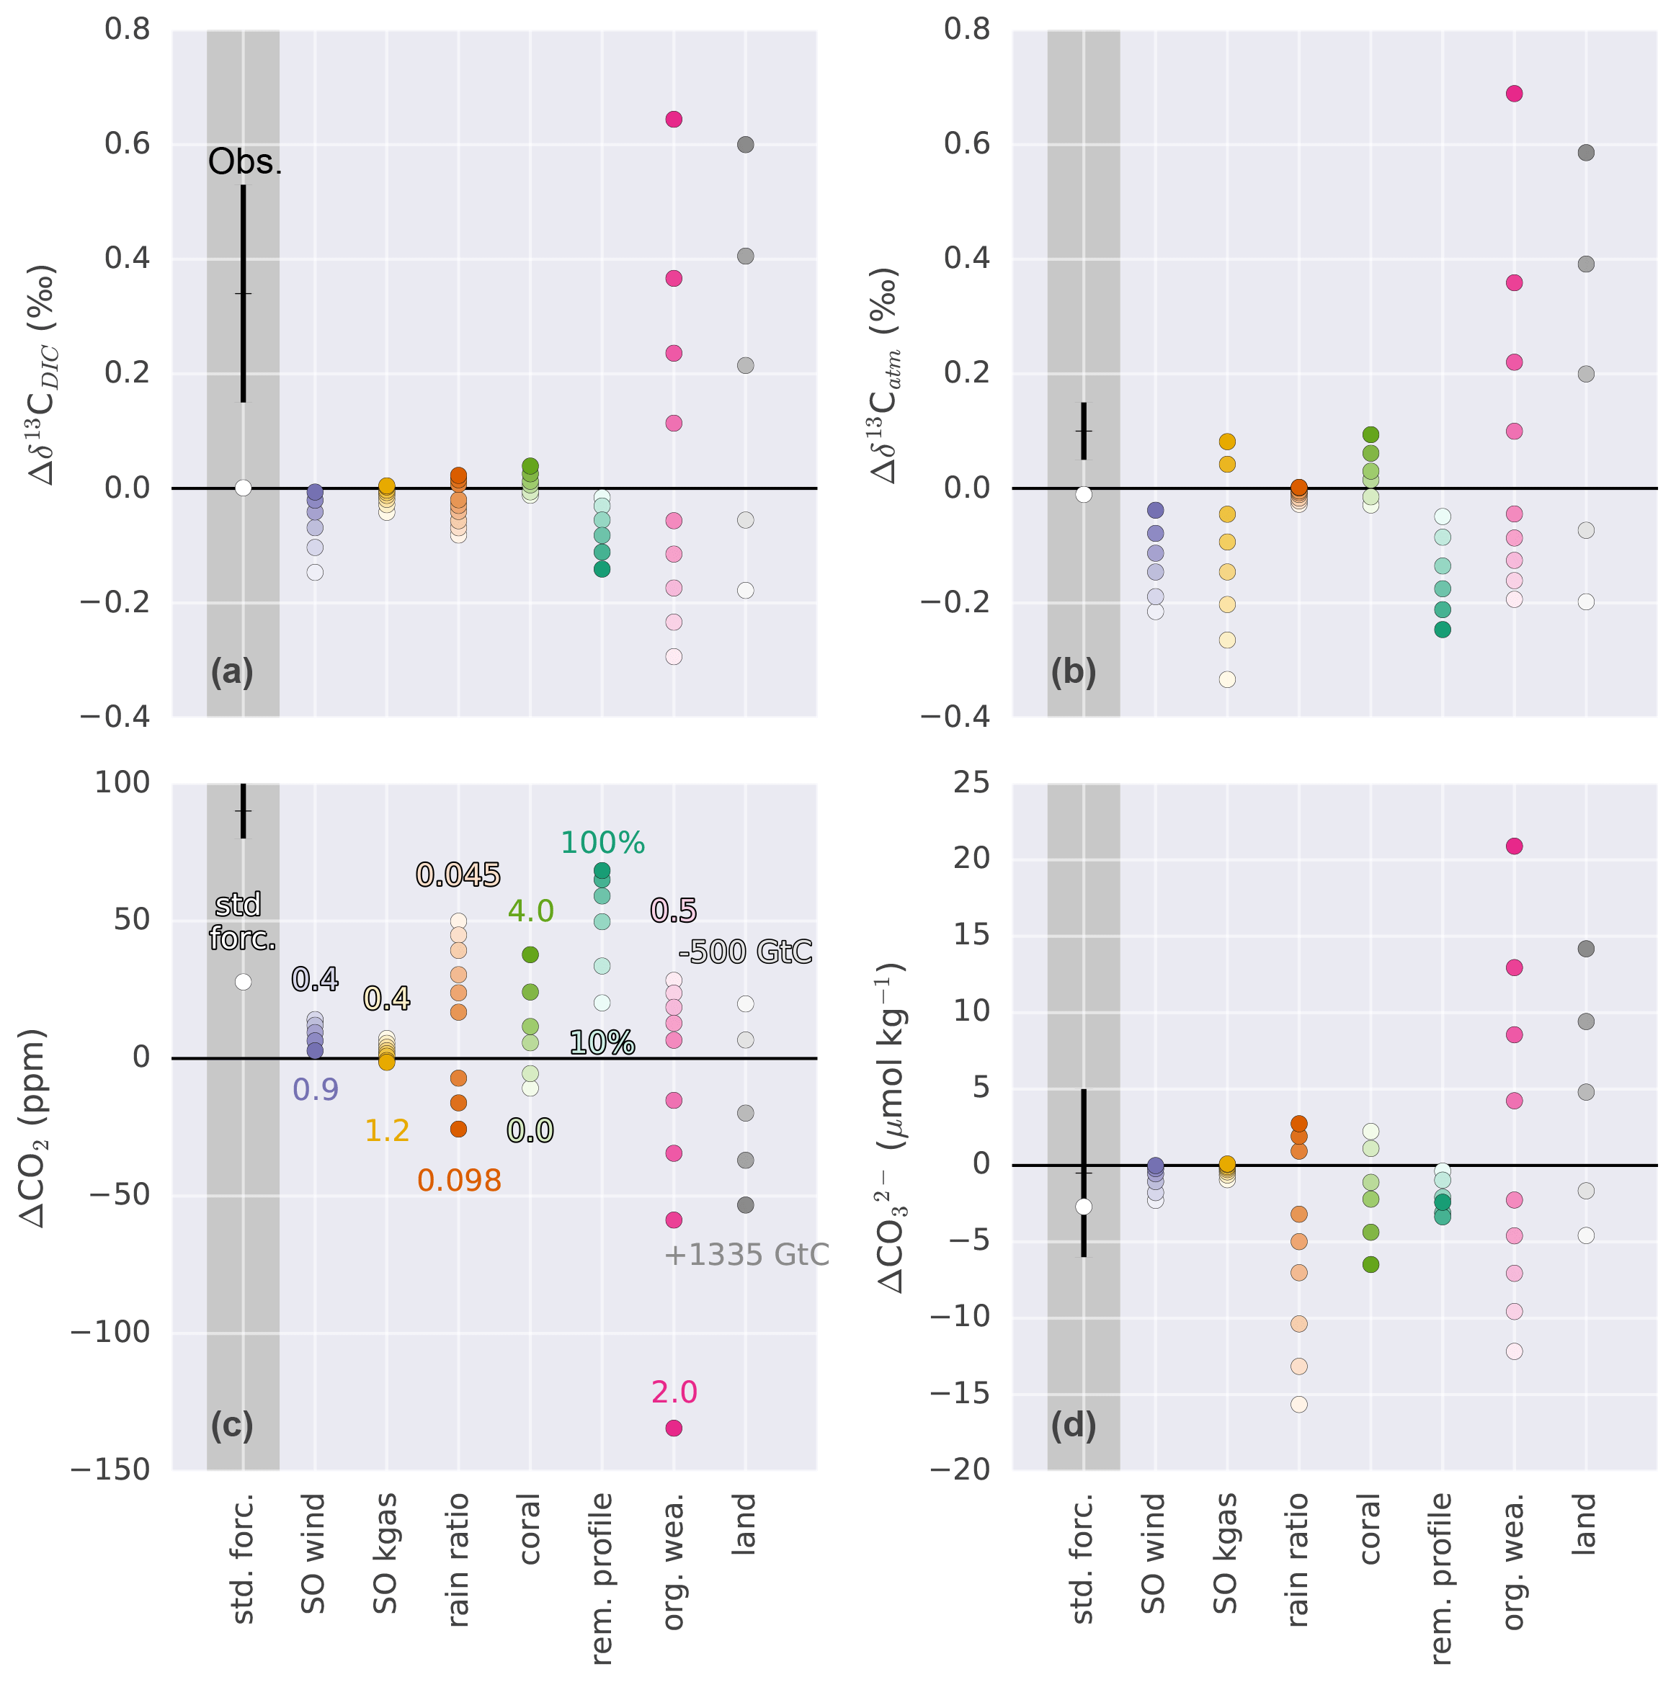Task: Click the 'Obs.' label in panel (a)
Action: [245, 163]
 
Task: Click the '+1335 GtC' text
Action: [746, 1255]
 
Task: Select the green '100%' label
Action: [602, 843]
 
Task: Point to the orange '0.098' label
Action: [459, 1181]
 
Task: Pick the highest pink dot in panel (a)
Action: [674, 120]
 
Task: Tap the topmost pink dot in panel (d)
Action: [1514, 846]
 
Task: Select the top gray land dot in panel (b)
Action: [1587, 153]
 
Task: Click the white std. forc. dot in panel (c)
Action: [243, 982]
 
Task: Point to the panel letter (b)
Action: [1073, 672]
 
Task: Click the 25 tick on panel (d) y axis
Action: [971, 783]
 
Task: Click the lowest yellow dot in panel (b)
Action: [1227, 679]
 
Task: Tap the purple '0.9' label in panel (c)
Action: [315, 1089]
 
